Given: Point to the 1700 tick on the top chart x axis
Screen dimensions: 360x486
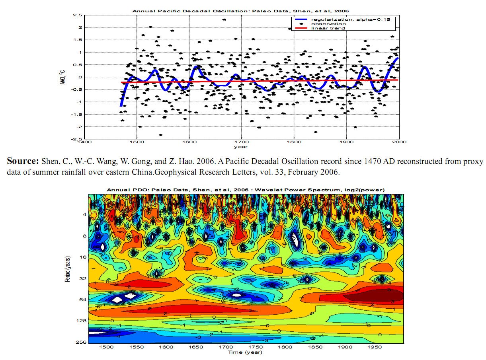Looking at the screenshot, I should coord(241,142).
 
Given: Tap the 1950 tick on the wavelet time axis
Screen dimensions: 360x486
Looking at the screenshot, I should coord(375,347).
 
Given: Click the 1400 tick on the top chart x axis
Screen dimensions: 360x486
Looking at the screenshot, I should coord(84,142).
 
